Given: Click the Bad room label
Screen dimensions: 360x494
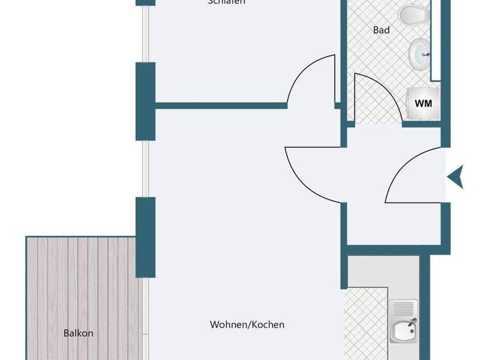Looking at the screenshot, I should pos(381,30).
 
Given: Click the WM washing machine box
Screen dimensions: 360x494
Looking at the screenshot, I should pos(423,103).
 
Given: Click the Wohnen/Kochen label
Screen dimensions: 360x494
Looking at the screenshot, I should pos(247,325).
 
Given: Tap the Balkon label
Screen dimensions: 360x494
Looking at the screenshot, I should pos(78,333).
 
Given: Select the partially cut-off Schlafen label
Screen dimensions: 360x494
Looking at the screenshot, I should pos(226,3).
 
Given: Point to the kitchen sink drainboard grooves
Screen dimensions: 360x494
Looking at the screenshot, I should pos(404,308).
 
